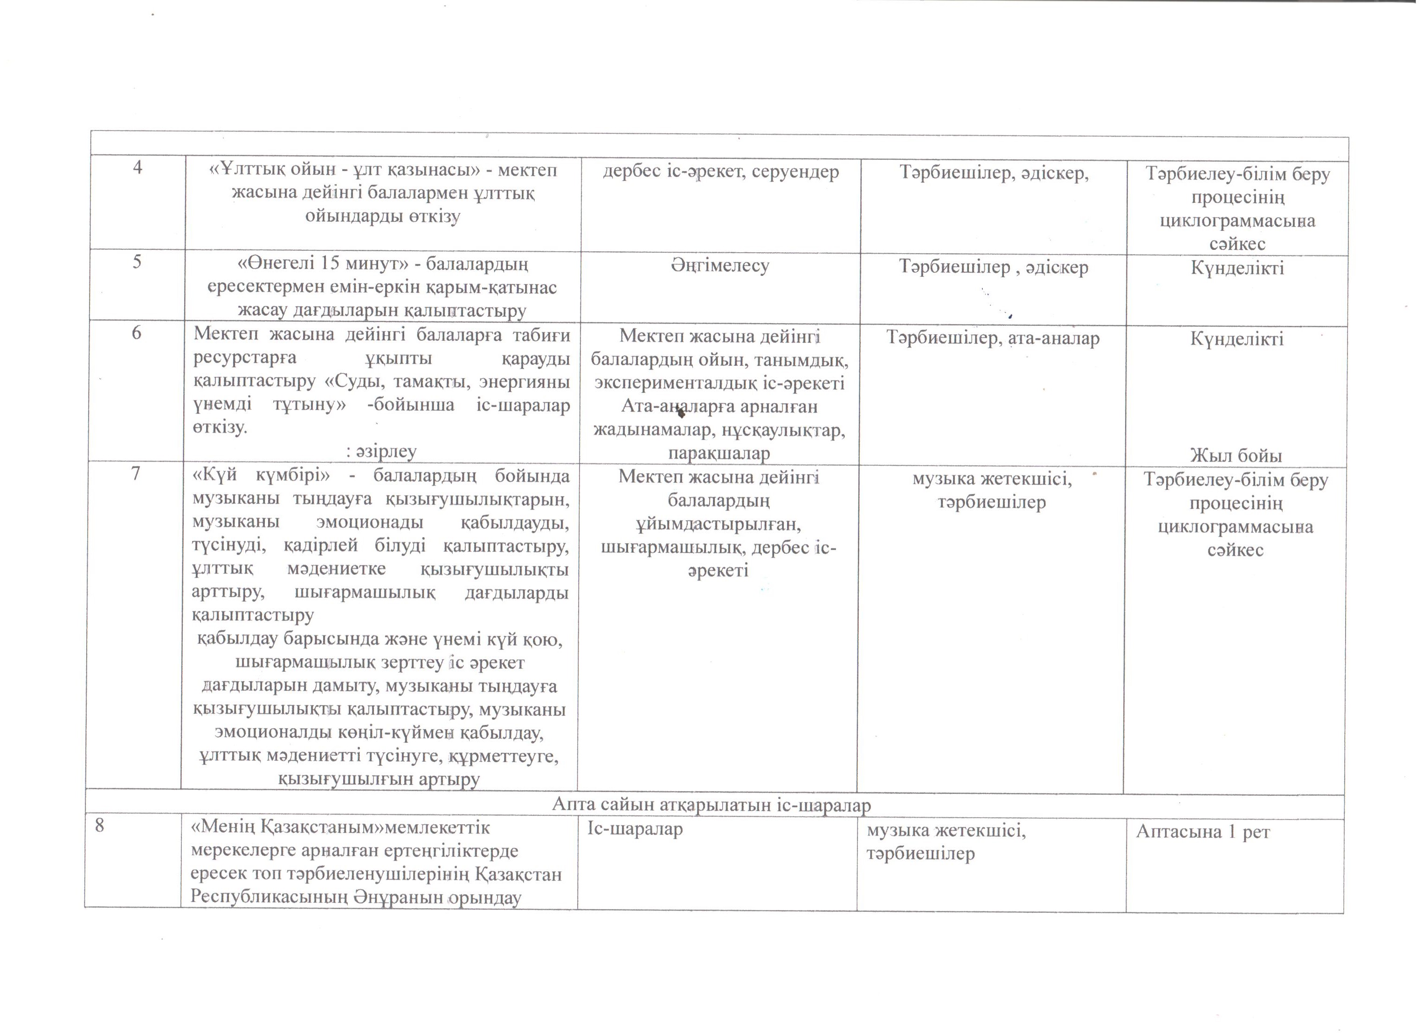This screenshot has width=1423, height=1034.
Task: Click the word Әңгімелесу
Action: coord(719,265)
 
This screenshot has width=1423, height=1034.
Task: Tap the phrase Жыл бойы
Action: coord(1236,455)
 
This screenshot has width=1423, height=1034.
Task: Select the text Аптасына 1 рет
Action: coord(1203,832)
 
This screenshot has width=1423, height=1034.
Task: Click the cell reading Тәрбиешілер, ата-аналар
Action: coord(992,338)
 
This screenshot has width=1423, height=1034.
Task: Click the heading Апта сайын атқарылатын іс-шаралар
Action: coord(711,805)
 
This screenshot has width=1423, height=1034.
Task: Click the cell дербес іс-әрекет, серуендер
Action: coord(720,171)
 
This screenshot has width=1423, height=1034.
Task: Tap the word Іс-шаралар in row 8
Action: coord(635,829)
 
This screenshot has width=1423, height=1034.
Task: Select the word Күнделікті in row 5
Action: coord(1236,269)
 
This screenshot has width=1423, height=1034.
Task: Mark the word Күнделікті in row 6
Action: coord(1236,339)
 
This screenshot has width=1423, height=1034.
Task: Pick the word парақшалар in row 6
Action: coord(719,453)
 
